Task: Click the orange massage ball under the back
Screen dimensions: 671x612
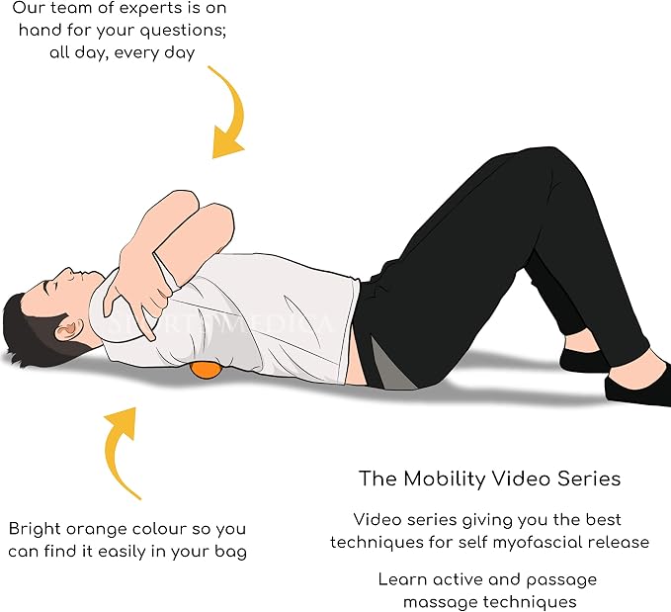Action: tap(205, 370)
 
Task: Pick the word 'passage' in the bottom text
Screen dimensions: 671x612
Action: tap(561, 580)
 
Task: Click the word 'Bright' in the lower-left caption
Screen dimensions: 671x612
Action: tap(36, 530)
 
